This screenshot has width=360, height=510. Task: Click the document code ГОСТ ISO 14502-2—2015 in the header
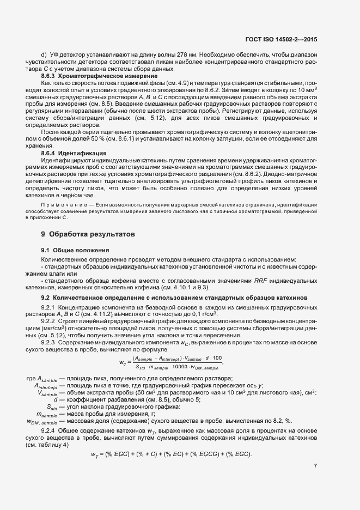(289, 40)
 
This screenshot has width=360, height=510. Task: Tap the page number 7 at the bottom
(315, 465)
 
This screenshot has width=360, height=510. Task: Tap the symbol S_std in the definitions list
(52, 406)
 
